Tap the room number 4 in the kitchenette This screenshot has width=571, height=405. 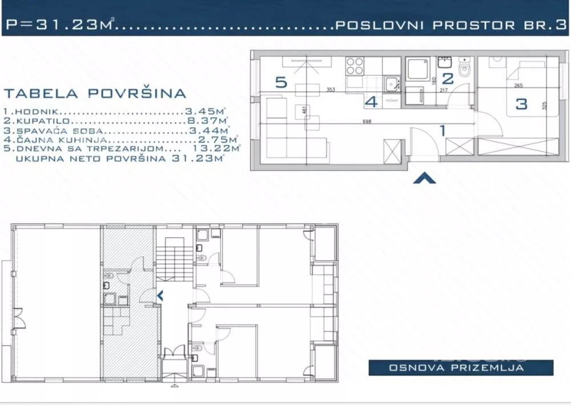pyautogui.click(x=372, y=103)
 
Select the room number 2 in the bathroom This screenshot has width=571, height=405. pyautogui.click(x=448, y=79)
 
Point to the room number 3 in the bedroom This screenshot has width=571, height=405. pyautogui.click(x=521, y=104)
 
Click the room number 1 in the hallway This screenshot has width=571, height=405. pyautogui.click(x=441, y=131)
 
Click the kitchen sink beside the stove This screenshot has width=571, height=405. pyautogui.click(x=391, y=83)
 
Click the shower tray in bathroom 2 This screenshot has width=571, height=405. pyautogui.click(x=420, y=71)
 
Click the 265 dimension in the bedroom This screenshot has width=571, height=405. pyautogui.click(x=518, y=86)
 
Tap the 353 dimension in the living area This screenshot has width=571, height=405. pyautogui.click(x=330, y=90)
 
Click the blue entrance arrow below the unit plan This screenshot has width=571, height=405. pyautogui.click(x=424, y=179)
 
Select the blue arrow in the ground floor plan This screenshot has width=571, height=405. pyautogui.click(x=160, y=295)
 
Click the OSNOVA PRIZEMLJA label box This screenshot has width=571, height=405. pyautogui.click(x=461, y=368)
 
